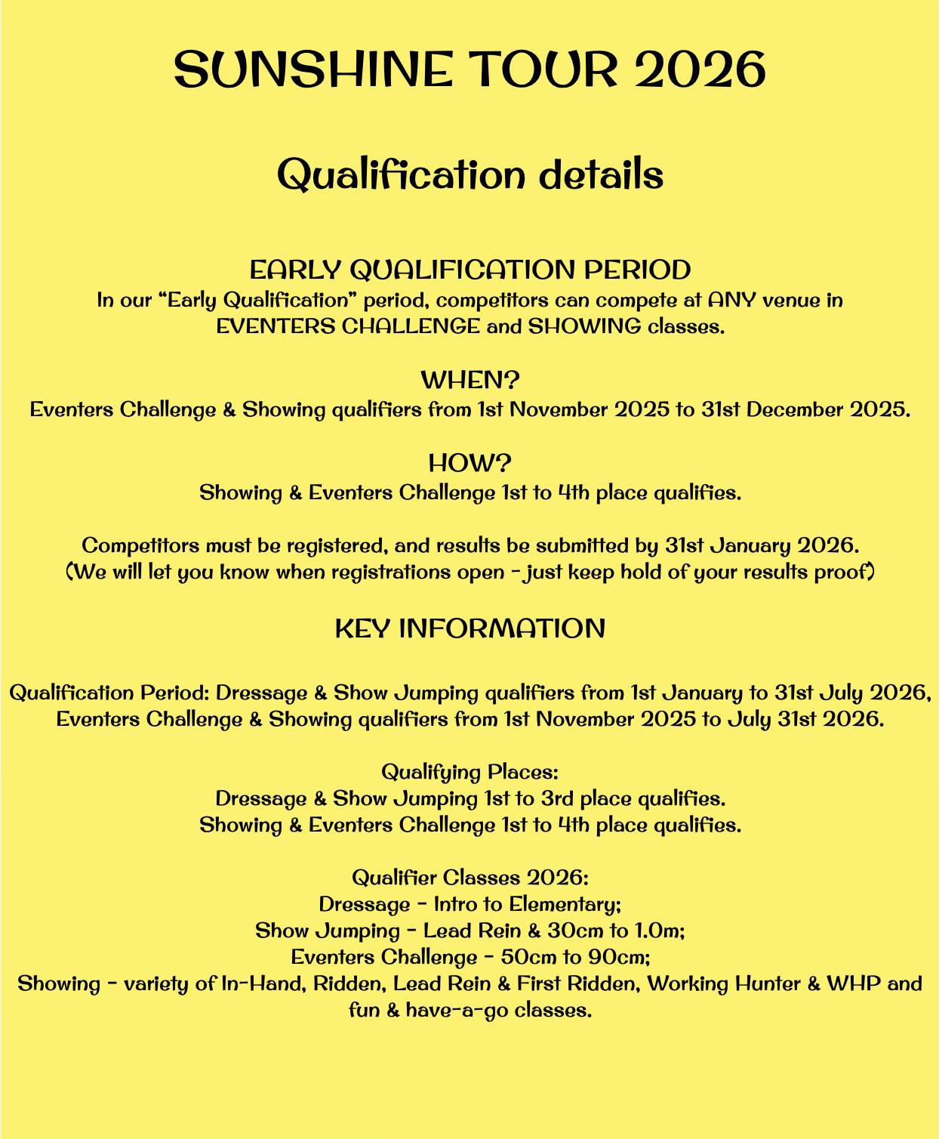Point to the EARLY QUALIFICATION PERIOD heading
pyautogui.click(x=469, y=270)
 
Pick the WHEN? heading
pyautogui.click(x=469, y=379)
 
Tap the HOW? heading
pyautogui.click(x=469, y=462)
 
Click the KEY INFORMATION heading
pyautogui.click(x=469, y=628)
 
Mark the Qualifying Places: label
pyautogui.click(x=469, y=772)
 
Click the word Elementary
pyautogui.click(x=565, y=904)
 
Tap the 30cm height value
pyautogui.click(x=564, y=931)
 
